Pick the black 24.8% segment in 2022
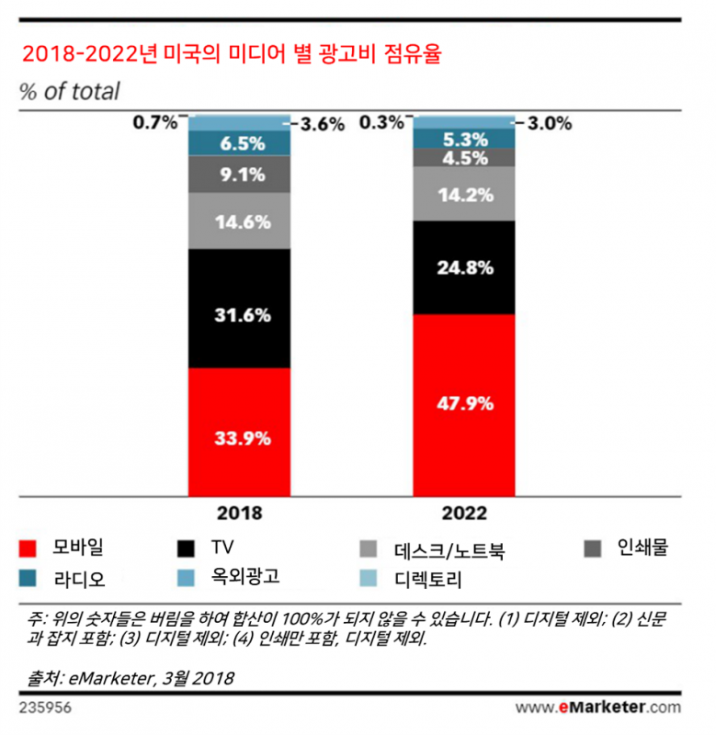click(463, 267)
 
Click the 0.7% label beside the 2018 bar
click(154, 121)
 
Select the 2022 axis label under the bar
click(463, 513)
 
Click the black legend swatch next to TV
click(188, 548)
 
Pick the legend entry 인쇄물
click(642, 548)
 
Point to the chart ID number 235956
click(46, 707)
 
